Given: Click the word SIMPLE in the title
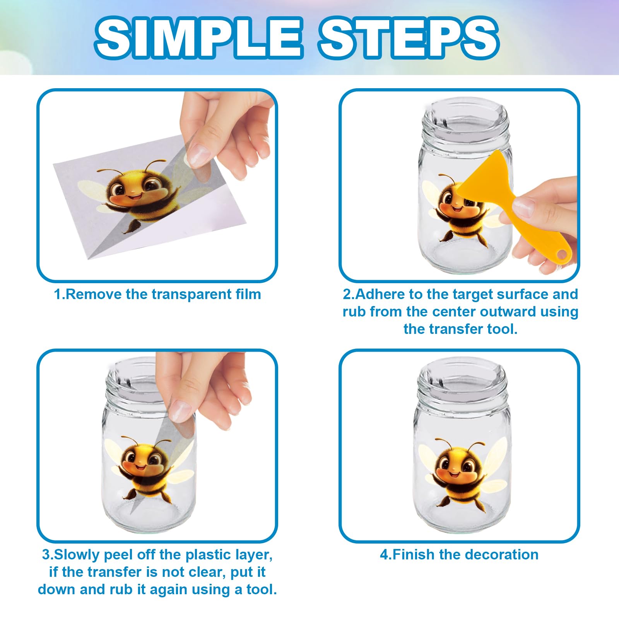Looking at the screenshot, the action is [x=198, y=38].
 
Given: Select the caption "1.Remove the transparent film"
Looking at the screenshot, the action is [x=157, y=294].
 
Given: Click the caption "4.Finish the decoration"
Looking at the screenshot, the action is [x=459, y=555].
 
